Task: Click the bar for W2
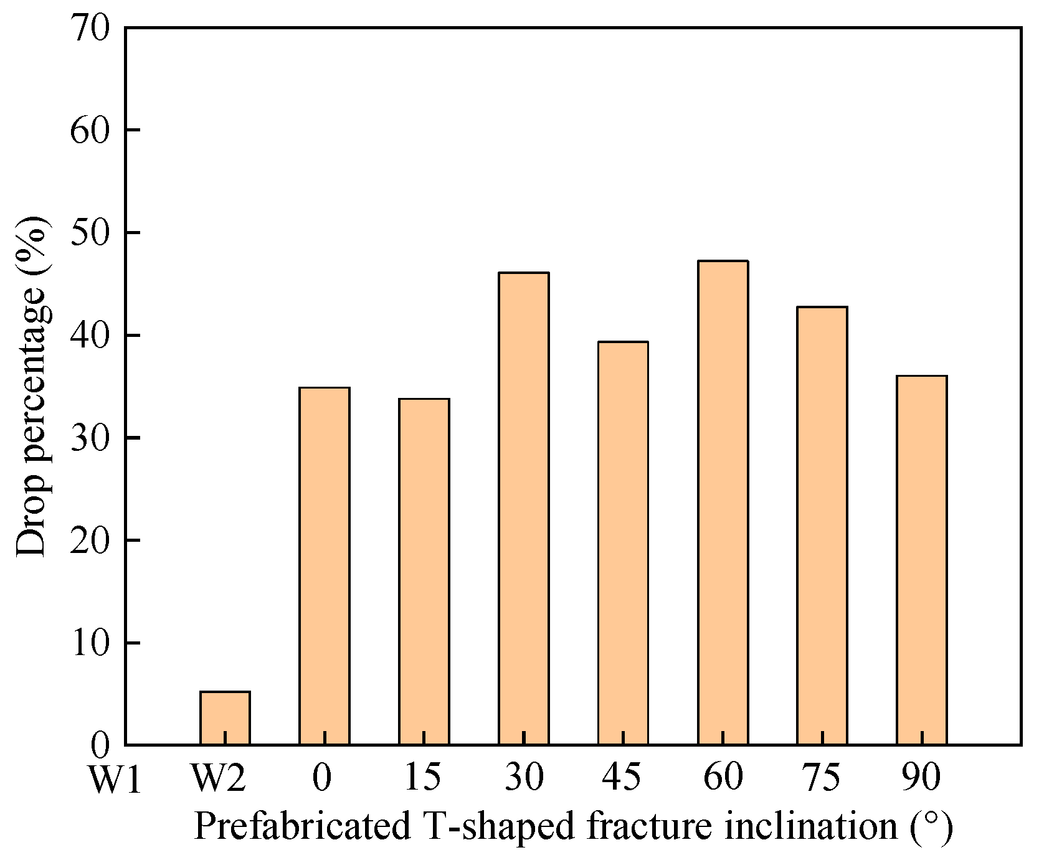click(225, 718)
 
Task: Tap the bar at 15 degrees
click(424, 571)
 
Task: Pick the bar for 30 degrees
click(524, 508)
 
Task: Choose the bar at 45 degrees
click(623, 542)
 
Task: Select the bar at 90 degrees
click(922, 560)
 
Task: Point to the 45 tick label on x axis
click(622, 778)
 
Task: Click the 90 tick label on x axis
click(921, 778)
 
